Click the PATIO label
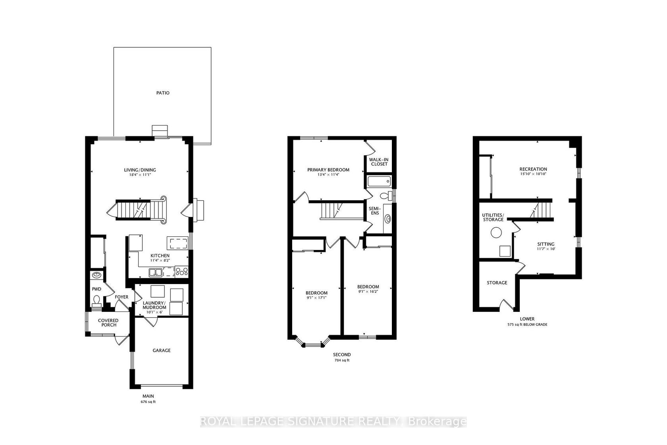163,93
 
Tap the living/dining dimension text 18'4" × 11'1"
140,175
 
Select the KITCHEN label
160,256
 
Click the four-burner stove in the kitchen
182,271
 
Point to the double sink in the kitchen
156,273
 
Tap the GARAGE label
162,350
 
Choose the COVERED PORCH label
108,323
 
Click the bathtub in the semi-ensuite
379,181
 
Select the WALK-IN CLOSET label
379,162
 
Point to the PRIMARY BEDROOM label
328,170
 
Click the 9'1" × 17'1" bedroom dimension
316,298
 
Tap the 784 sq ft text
342,360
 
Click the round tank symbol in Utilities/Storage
496,232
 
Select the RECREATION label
533,169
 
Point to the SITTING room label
546,244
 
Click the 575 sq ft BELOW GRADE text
527,325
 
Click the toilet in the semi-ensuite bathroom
386,196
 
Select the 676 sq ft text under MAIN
148,402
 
